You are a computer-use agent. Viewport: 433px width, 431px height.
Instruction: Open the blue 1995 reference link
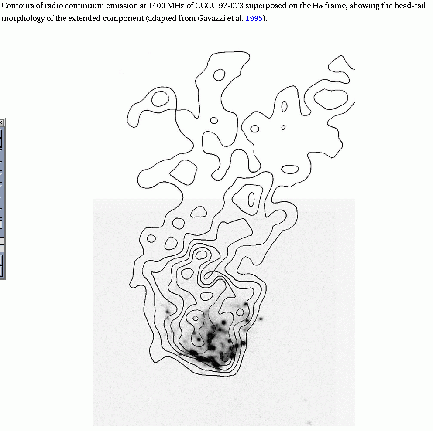click(254, 18)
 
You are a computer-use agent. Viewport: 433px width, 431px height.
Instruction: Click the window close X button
click(2, 122)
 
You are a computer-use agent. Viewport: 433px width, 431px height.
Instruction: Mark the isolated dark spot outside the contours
click(261, 319)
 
